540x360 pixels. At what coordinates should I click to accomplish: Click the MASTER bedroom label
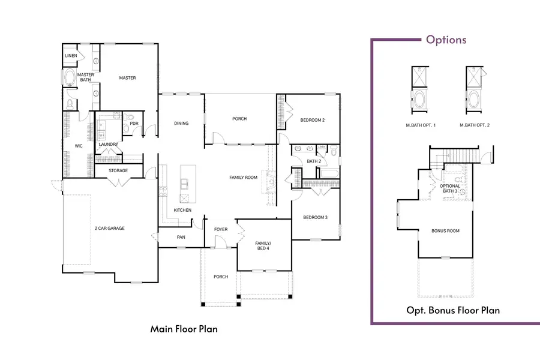tap(127, 78)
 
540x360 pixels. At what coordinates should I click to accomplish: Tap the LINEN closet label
tap(71, 56)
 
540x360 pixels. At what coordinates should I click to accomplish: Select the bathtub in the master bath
tap(70, 79)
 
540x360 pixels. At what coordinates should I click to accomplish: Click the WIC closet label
tap(78, 146)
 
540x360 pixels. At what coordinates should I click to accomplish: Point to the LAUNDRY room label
tap(108, 145)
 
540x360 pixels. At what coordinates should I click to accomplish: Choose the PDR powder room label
tap(134, 124)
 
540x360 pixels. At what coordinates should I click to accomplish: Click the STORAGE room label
tap(118, 171)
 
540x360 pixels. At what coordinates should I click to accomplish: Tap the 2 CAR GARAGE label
tap(109, 229)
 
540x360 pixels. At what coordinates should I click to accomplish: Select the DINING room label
tap(181, 124)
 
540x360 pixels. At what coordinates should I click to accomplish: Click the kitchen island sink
tap(184, 183)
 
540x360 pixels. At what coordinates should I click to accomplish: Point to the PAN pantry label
tap(181, 237)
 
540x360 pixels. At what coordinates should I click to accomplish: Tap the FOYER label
tap(221, 229)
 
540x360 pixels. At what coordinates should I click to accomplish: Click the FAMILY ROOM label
tap(243, 178)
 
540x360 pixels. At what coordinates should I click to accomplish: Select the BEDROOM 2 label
tap(312, 120)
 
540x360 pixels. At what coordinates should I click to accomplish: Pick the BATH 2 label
tap(313, 161)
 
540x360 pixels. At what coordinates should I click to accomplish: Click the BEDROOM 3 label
tap(314, 217)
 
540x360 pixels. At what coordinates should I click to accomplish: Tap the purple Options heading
tap(446, 40)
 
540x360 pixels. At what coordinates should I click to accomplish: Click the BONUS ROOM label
tap(445, 231)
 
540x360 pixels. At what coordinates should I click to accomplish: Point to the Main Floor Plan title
tap(184, 329)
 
